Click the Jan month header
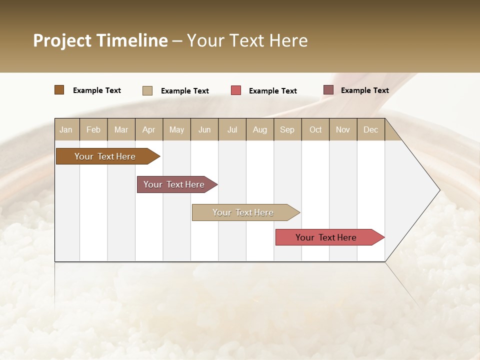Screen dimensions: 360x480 click(66, 129)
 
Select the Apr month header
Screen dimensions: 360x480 click(149, 129)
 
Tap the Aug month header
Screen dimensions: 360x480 click(260, 129)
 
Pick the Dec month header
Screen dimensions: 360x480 click(371, 129)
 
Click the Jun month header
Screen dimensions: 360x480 click(204, 129)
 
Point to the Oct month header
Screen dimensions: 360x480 click(315, 129)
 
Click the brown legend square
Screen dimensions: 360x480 click(59, 90)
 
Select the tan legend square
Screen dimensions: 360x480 click(147, 90)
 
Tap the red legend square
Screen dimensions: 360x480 click(236, 90)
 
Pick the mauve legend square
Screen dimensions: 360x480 click(328, 90)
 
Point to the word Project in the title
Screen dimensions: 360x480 click(62, 40)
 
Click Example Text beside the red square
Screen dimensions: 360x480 click(272, 91)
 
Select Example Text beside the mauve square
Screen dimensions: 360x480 click(364, 90)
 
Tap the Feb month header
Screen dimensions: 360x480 click(93, 129)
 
